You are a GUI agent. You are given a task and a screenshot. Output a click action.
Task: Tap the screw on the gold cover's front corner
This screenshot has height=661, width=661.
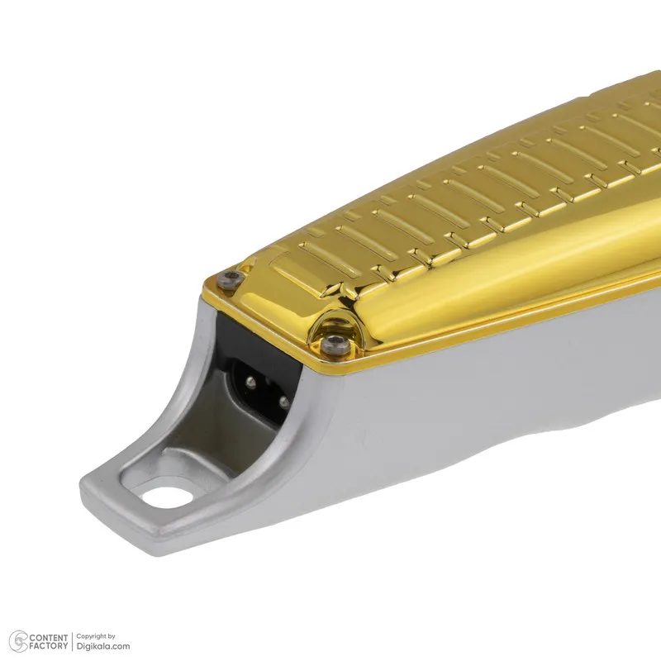coord(335,344)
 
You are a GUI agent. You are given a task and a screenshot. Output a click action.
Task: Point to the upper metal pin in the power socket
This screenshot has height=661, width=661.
coord(251,383)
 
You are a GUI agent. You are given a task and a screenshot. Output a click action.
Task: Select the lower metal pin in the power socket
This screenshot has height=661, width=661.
coord(283,401)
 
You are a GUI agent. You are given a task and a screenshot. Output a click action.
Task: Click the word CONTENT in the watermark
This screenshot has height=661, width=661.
coord(49,637)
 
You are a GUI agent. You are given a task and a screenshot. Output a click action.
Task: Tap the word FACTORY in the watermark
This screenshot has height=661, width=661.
coord(49,646)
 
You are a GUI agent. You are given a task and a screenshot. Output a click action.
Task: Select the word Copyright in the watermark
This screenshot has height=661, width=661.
coord(91,636)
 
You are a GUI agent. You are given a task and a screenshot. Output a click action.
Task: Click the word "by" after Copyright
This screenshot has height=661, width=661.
coord(112,636)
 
